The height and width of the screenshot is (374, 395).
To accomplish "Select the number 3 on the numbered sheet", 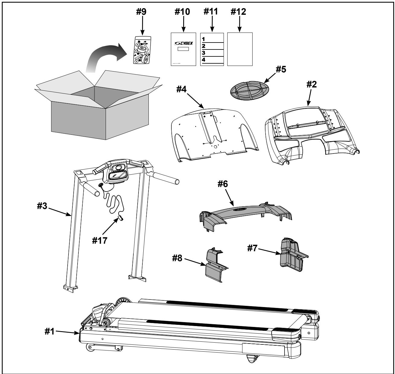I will [203, 53].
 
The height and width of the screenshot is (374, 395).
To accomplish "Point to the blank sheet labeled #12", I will [240, 49].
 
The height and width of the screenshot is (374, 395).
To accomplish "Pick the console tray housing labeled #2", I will [311, 130].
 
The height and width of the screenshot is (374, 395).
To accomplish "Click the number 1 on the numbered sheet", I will [203, 39].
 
